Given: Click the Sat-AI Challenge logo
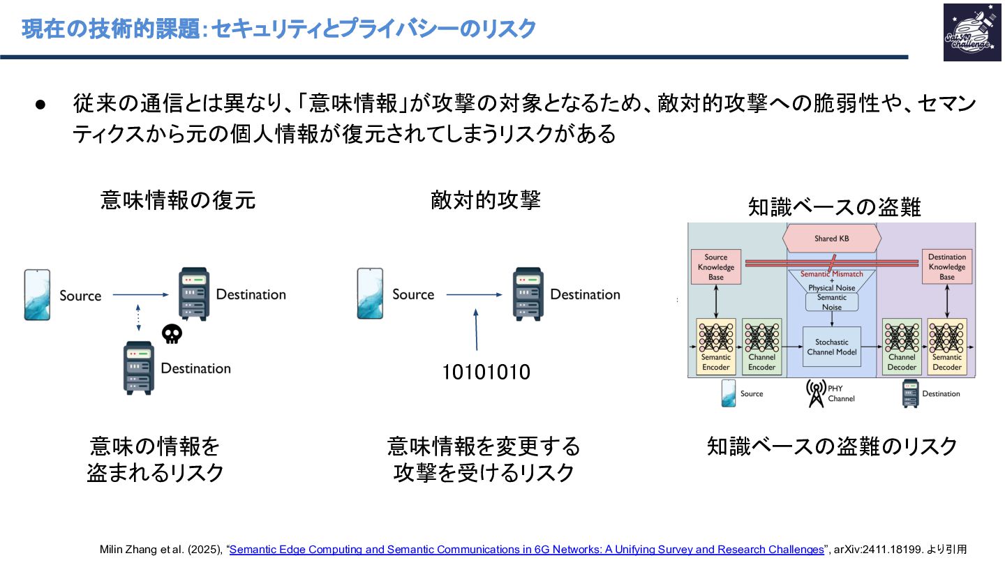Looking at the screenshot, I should click(x=971, y=32).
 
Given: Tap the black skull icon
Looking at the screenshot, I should click(x=172, y=334).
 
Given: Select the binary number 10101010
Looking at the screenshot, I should click(x=486, y=372).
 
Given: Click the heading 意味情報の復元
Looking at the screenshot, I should click(x=179, y=201).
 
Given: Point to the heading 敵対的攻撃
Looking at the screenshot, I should click(x=486, y=201).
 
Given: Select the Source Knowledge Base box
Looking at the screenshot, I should click(x=715, y=267).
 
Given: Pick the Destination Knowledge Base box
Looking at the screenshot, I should click(x=946, y=267).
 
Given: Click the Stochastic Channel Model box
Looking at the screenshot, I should click(x=832, y=347).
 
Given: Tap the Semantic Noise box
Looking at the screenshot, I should click(x=831, y=302).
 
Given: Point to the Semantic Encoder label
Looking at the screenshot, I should click(x=715, y=362).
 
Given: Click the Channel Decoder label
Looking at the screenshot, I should click(x=901, y=362).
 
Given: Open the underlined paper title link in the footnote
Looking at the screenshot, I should click(x=527, y=550).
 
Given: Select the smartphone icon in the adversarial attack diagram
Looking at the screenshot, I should click(x=370, y=294).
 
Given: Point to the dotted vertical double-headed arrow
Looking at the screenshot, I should click(x=140, y=317).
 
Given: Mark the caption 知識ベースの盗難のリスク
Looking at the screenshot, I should click(x=832, y=446).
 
